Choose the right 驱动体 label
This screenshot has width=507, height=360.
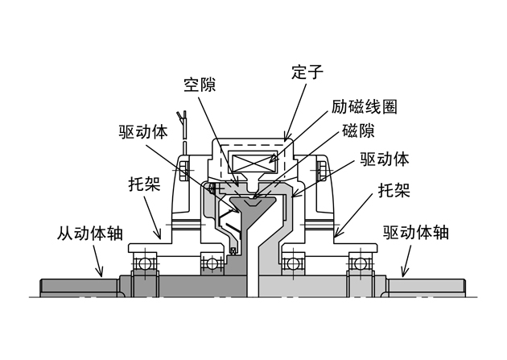[x=385, y=158]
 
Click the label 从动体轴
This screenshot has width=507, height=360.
[x=89, y=234]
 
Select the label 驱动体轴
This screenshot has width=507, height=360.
[x=415, y=234]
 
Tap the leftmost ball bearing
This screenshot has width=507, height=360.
[x=146, y=263]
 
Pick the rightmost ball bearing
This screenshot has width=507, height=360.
[x=359, y=263]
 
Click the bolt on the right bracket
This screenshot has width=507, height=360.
[x=321, y=170]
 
